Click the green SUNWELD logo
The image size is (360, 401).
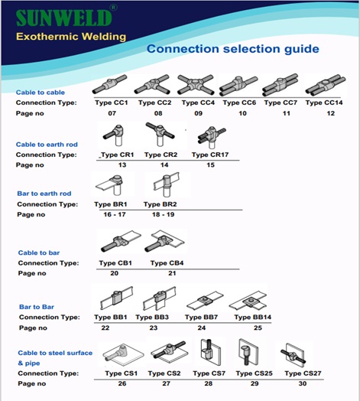(x=64, y=18)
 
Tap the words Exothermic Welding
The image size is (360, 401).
(x=71, y=37)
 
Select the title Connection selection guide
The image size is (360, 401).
(x=233, y=49)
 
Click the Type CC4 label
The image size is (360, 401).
(x=198, y=103)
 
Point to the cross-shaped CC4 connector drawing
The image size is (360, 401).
(x=196, y=85)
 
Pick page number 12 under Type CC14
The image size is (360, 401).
(x=331, y=113)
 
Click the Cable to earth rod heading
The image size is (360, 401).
(x=47, y=145)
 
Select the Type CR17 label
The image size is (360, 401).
(x=210, y=155)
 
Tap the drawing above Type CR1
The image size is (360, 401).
(x=113, y=135)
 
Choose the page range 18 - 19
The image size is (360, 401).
(x=164, y=214)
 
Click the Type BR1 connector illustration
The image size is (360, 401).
(x=110, y=184)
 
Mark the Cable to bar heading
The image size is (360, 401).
(x=39, y=253)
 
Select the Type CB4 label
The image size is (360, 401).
(x=167, y=263)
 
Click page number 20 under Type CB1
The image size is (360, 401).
(x=114, y=273)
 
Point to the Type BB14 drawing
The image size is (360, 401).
(x=248, y=300)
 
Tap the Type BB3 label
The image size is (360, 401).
(x=152, y=317)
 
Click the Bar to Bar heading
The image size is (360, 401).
(x=37, y=307)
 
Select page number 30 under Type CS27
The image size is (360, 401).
(x=303, y=383)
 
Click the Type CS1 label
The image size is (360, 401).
(x=121, y=373)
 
